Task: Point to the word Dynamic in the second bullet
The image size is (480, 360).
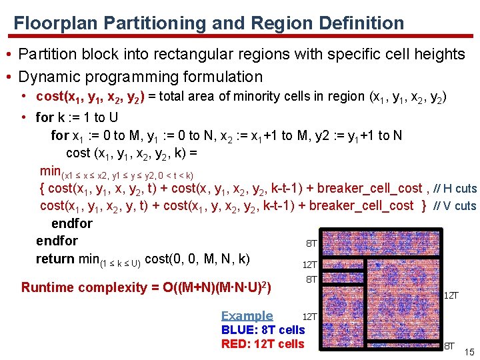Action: pos(45,77)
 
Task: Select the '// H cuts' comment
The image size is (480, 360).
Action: pos(455,189)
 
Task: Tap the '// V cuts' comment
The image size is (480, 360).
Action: pos(455,206)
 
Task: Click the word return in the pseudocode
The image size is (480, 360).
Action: pos(55,259)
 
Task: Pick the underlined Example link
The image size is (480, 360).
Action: pos(247,316)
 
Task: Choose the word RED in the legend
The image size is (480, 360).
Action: pos(235,344)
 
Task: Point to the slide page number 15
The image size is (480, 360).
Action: pos(469,351)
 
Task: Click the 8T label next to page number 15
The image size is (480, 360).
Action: pos(450,346)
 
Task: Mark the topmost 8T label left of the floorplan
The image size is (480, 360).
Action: pos(311,244)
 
